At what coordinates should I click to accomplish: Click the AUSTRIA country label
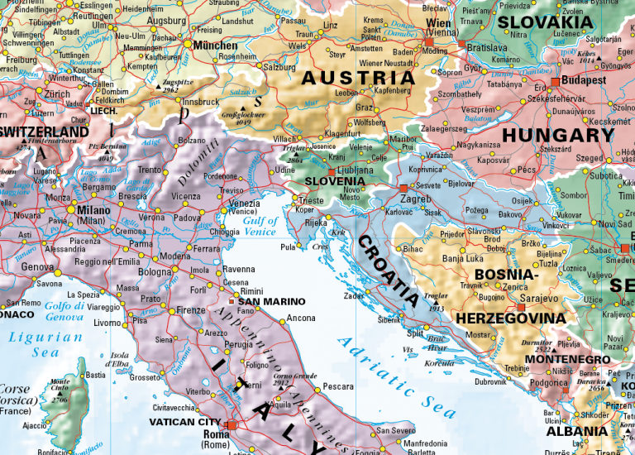coord(357,79)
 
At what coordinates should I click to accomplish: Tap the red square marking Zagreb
coord(403,189)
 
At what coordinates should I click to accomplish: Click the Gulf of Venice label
coord(260,227)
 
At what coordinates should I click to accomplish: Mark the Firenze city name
coord(190,310)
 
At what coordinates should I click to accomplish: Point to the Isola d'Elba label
coord(124,360)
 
